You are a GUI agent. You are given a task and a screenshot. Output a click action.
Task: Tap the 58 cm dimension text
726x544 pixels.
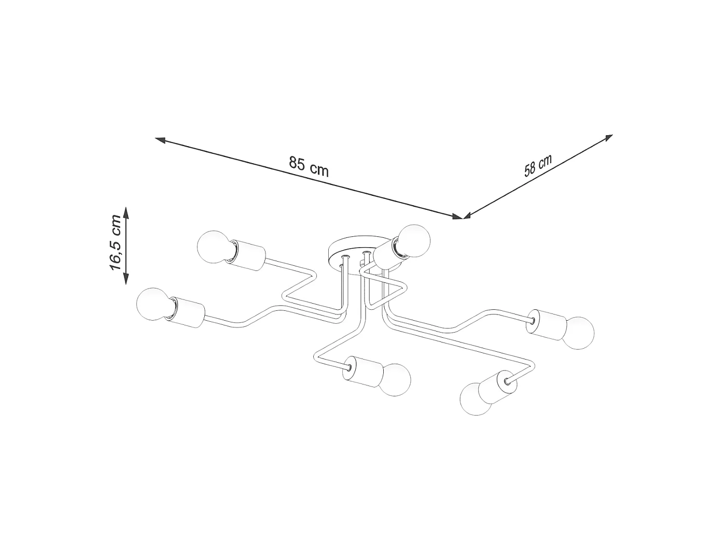tap(538, 165)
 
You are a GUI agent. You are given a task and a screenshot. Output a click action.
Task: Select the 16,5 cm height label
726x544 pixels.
tap(116, 247)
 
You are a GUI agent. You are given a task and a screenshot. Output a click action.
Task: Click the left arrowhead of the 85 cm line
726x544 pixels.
tap(160, 140)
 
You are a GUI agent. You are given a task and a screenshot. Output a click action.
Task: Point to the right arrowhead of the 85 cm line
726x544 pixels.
tap(457, 216)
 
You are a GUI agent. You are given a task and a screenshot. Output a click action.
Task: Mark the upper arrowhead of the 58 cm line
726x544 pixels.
tap(608, 137)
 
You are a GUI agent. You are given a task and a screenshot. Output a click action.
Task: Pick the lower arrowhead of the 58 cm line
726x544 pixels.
tap(468, 216)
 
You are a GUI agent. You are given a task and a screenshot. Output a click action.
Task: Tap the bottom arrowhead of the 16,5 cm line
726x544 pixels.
tap(125, 279)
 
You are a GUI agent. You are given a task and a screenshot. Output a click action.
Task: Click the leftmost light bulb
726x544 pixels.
tap(155, 304)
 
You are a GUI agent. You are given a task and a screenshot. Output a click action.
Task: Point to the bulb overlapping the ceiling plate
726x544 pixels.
tap(414, 241)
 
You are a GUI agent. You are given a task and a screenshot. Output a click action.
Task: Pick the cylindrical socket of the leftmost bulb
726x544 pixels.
tap(187, 312)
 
